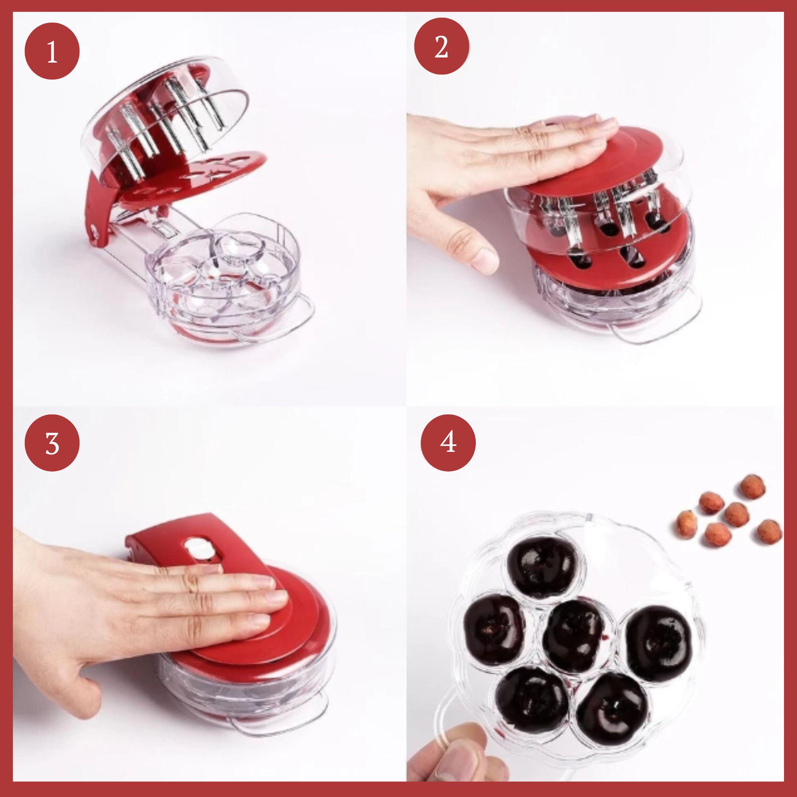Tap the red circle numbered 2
pos(442,46)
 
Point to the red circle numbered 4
pos(448,443)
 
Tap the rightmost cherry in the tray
pos(659,644)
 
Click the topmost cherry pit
pos(753,487)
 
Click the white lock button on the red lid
pos(197,547)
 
